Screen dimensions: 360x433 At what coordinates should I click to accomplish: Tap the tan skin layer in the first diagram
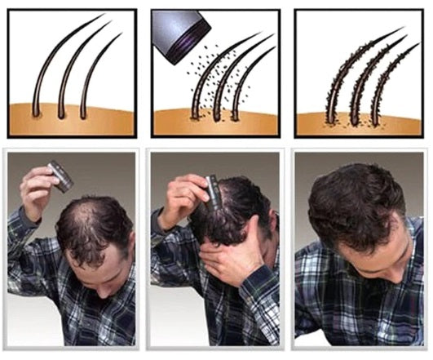coord(69,122)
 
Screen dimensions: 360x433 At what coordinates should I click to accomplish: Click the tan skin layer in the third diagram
coord(359,124)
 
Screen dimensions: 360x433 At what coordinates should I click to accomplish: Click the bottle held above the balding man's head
coord(60,175)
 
